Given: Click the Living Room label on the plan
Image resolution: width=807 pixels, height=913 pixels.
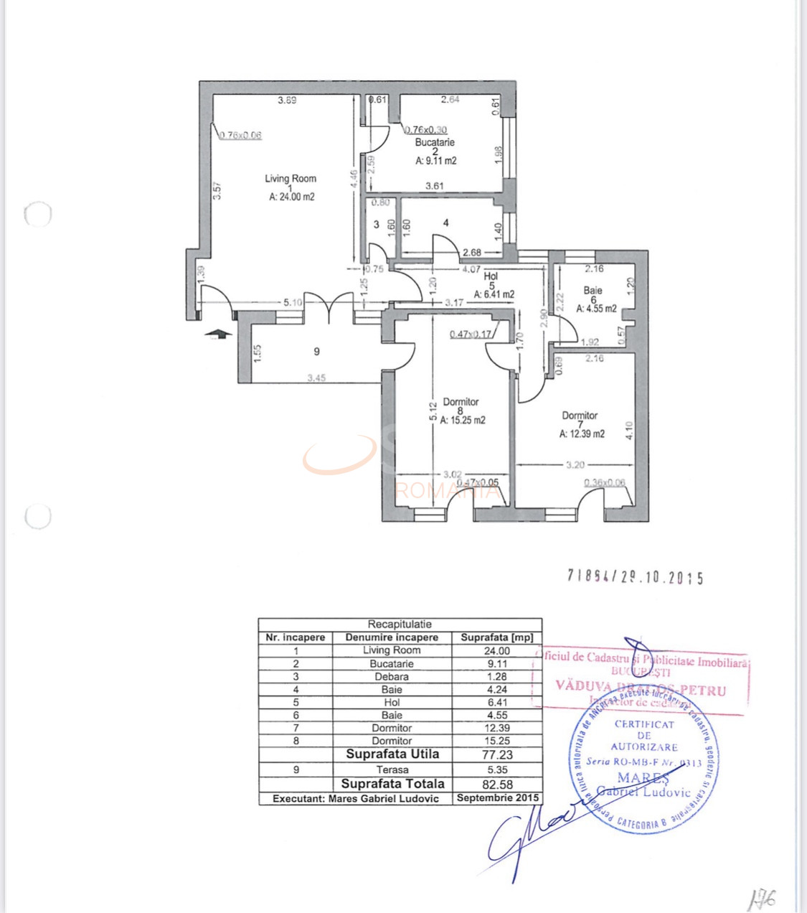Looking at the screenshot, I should pyautogui.click(x=291, y=179).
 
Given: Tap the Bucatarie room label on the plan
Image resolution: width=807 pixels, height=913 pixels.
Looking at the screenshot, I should pyautogui.click(x=435, y=142).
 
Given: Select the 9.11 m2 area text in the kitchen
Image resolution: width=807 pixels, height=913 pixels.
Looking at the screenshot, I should pyautogui.click(x=435, y=161).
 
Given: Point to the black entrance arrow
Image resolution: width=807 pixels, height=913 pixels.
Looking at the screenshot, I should pyautogui.click(x=218, y=333).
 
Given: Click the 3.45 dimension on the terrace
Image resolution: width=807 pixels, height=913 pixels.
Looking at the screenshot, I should pyautogui.click(x=316, y=378).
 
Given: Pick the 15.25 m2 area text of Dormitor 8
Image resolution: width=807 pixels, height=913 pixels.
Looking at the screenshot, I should pyautogui.click(x=463, y=421).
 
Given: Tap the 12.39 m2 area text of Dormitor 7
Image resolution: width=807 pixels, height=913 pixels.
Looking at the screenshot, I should pyautogui.click(x=582, y=434).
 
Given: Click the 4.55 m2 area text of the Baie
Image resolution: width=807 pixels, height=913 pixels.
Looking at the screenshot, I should pyautogui.click(x=596, y=309).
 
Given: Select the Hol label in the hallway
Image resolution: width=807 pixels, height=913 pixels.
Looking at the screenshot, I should pyautogui.click(x=491, y=276).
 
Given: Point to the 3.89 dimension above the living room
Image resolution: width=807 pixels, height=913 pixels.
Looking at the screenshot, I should pyautogui.click(x=287, y=100).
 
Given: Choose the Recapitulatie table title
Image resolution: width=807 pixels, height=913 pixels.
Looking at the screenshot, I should pyautogui.click(x=400, y=624).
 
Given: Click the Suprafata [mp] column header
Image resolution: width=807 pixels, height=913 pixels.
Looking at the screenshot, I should pyautogui.click(x=496, y=637).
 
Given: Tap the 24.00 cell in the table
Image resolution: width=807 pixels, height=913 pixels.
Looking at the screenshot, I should pyautogui.click(x=496, y=650).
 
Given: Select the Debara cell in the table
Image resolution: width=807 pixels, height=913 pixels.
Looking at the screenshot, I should pyautogui.click(x=392, y=676).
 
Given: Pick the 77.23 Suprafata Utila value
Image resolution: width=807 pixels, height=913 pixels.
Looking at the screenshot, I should pyautogui.click(x=496, y=754).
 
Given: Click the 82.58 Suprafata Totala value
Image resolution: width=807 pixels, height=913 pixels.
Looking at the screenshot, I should pyautogui.click(x=496, y=785).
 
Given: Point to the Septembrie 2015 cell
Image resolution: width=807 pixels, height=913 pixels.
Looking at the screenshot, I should pyautogui.click(x=497, y=798).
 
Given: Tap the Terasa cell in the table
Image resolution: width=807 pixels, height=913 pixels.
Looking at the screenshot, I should pyautogui.click(x=392, y=769).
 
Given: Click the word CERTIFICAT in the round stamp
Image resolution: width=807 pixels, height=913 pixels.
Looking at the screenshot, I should pyautogui.click(x=644, y=724).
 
